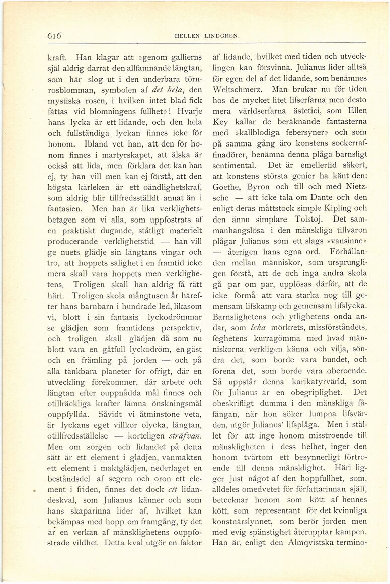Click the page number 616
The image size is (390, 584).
pos(54,36)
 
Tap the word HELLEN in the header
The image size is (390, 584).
pos(188,36)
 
